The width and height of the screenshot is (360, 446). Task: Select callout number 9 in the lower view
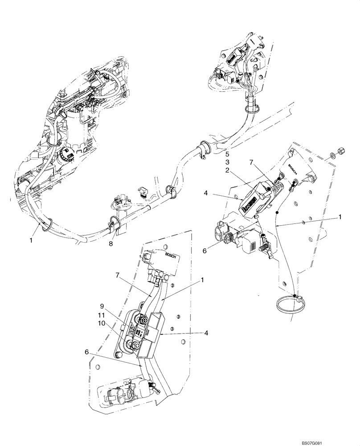(x=102, y=306)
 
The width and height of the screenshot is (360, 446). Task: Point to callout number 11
(x=102, y=315)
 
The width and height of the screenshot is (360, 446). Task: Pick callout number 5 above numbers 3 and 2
(x=227, y=154)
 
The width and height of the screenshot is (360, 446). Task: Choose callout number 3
(x=227, y=162)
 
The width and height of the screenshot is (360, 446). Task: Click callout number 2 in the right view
(x=227, y=170)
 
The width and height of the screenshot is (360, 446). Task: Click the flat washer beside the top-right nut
(x=332, y=157)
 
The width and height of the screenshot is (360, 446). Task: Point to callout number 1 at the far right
(x=340, y=217)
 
